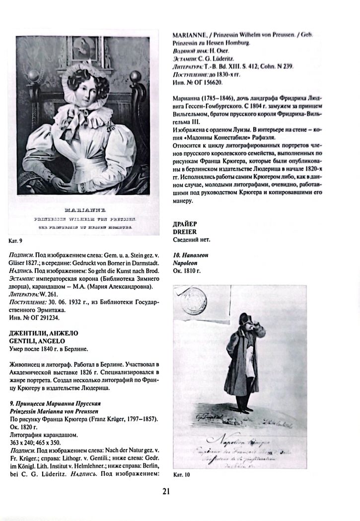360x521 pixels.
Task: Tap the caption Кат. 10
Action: (182, 475)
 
